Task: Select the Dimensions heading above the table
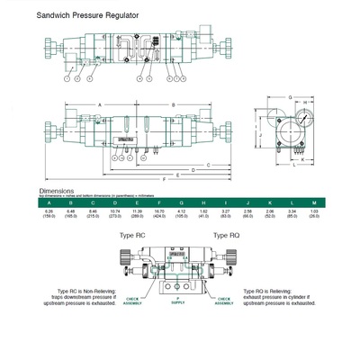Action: (56, 191)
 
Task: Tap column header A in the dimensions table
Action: (48, 203)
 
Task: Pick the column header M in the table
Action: (313, 203)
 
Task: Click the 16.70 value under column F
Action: (158, 211)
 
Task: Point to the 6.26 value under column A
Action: (48, 211)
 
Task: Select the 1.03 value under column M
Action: (313, 211)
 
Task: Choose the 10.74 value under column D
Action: (114, 211)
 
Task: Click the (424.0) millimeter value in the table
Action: (158, 216)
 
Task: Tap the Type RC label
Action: (132, 235)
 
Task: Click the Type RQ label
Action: (226, 235)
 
